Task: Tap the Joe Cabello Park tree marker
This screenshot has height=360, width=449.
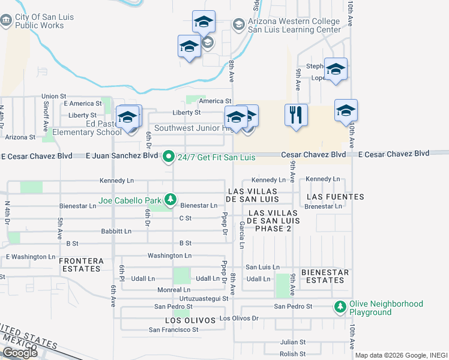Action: (171, 199)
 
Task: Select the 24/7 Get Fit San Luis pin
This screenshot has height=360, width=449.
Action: (169, 157)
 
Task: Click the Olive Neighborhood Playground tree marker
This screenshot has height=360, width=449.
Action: (340, 307)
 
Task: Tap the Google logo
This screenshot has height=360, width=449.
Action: (20, 353)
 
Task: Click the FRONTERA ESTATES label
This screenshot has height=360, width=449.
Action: (80, 265)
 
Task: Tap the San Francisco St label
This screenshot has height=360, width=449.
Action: (173, 330)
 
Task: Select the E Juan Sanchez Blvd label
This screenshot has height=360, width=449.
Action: (122, 156)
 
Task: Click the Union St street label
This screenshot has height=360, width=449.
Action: (53, 96)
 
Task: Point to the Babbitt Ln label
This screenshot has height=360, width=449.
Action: (116, 231)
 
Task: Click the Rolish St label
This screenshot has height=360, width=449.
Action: (294, 354)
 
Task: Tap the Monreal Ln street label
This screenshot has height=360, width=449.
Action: (173, 290)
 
